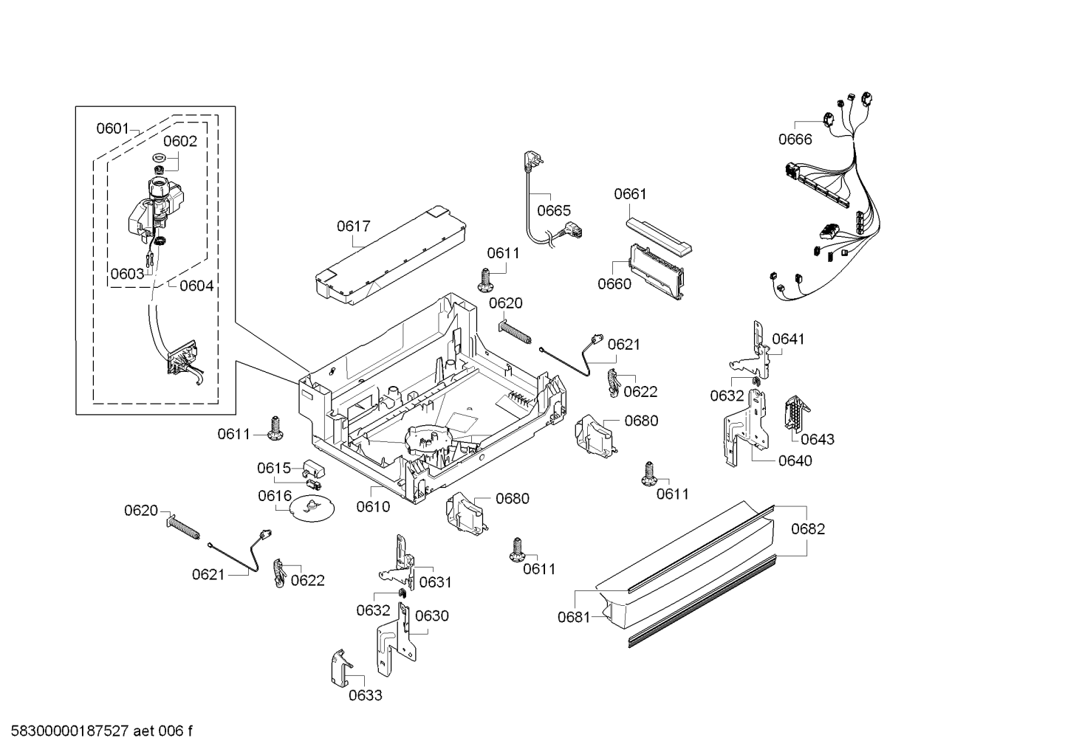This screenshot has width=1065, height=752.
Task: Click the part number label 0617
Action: (353, 227)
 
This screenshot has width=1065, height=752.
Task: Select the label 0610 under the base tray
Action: (373, 506)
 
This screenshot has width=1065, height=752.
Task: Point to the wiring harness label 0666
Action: (795, 139)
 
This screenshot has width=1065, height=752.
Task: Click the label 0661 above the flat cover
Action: (630, 194)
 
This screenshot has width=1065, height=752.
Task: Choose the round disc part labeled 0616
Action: (309, 509)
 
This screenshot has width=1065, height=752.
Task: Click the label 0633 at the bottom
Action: (366, 695)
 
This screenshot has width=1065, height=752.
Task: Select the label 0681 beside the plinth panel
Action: (574, 617)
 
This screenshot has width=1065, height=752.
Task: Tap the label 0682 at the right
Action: (808, 529)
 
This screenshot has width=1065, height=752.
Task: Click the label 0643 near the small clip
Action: (818, 439)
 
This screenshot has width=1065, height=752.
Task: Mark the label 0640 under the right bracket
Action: (795, 460)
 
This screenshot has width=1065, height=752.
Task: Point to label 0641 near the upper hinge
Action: (788, 339)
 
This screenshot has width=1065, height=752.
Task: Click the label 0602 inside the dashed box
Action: (180, 142)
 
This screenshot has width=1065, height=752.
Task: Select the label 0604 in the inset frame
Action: (196, 286)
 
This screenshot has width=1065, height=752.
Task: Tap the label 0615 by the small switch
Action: (273, 468)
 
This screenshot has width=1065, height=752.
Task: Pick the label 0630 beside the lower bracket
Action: (431, 615)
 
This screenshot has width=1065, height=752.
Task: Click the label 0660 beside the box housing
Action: (614, 284)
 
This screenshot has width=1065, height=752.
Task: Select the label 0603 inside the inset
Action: (127, 274)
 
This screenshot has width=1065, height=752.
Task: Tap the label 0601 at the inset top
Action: (113, 129)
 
